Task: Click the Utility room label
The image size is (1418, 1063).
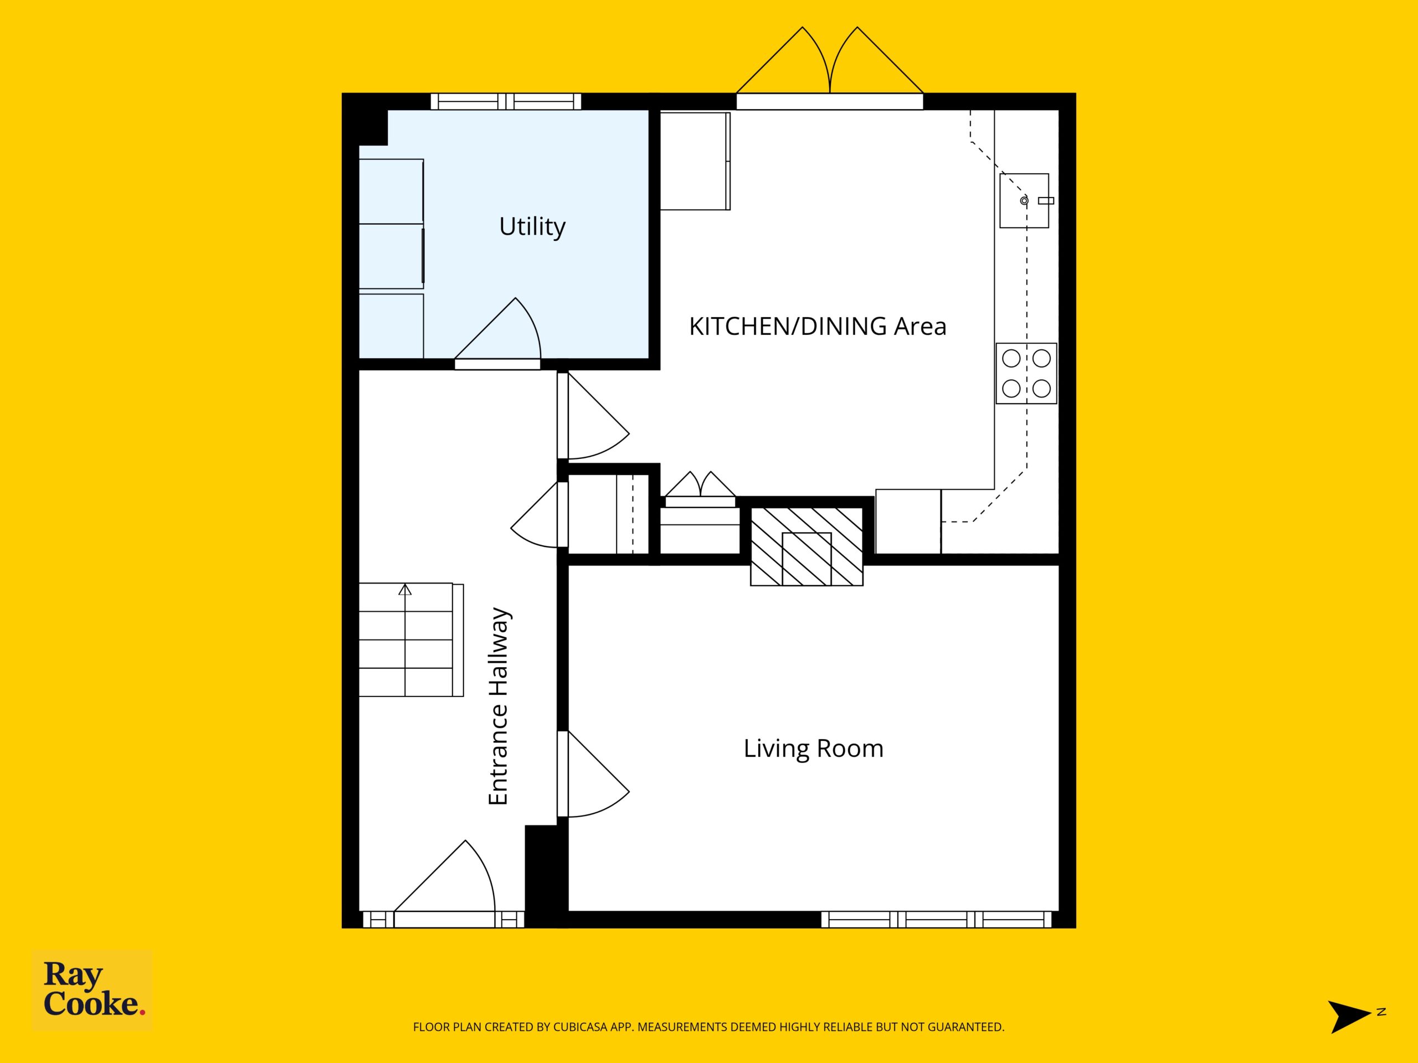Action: coord(532,227)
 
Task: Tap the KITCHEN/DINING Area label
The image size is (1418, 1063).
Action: coord(818,327)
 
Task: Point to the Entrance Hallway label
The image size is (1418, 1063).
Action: coord(499,706)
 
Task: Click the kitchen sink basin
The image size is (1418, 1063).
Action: coord(1024,200)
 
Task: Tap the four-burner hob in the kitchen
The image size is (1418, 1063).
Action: coord(1026,374)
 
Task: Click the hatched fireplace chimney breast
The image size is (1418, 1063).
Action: coord(807,546)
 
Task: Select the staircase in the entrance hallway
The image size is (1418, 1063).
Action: coord(411,639)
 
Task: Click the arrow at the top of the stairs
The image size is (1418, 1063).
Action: coord(404,590)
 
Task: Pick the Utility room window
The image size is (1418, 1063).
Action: coord(506,101)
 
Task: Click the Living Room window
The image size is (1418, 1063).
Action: coord(937,920)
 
